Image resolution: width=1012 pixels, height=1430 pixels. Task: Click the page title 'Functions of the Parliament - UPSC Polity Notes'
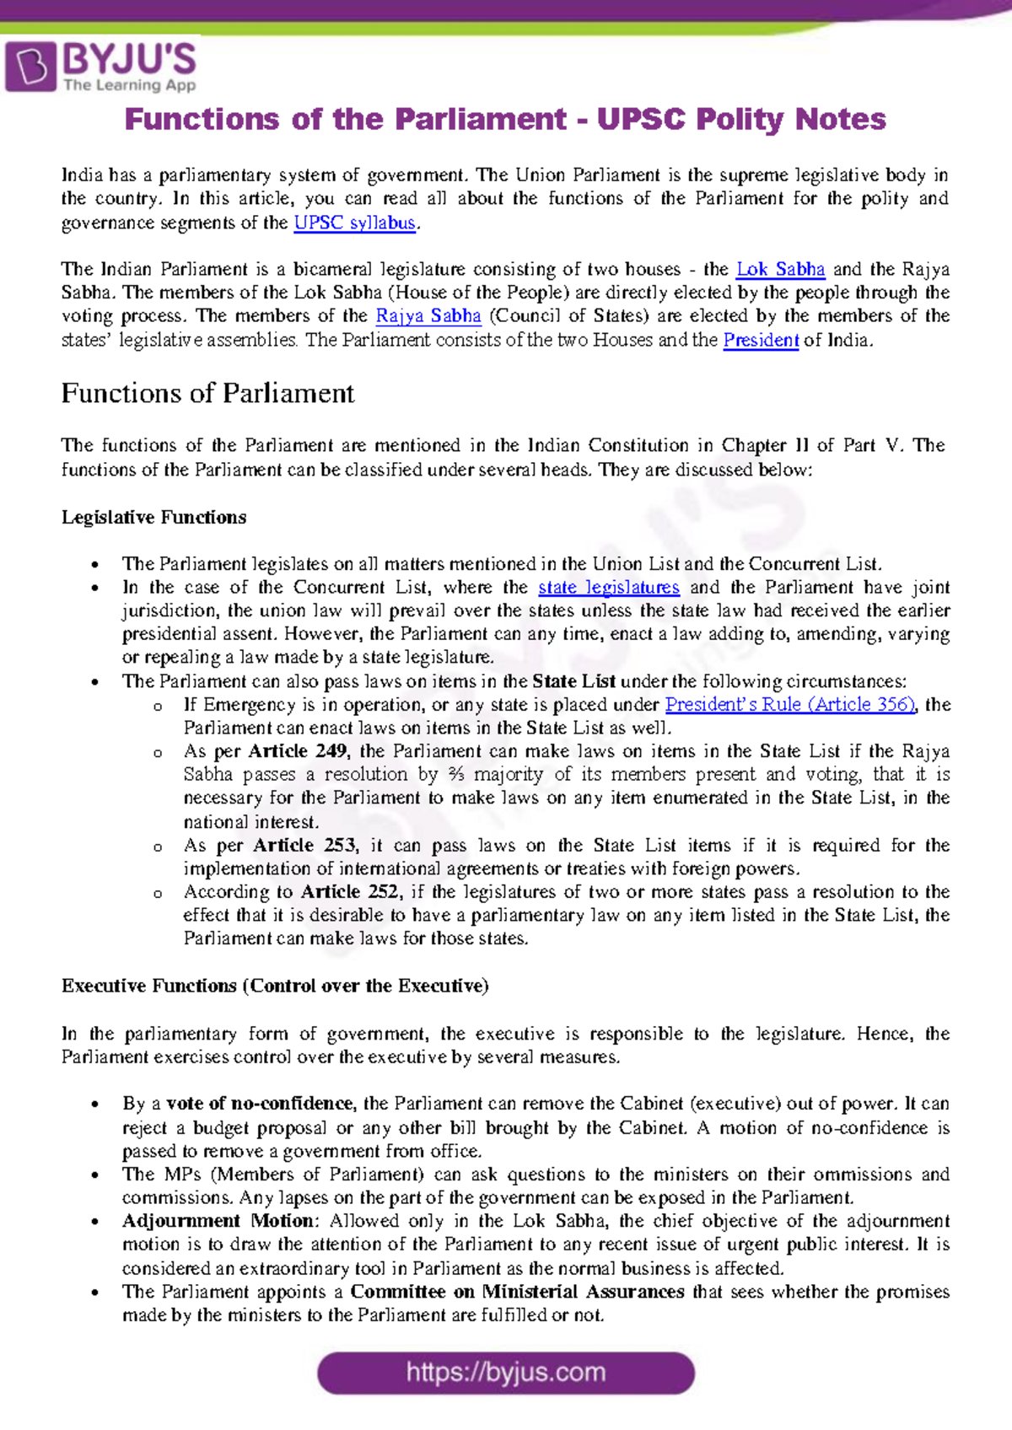point(505,119)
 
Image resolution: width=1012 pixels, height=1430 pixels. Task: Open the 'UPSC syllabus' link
point(355,223)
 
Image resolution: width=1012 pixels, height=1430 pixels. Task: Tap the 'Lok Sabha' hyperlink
point(780,269)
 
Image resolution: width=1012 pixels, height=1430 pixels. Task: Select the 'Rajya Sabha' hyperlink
point(428,316)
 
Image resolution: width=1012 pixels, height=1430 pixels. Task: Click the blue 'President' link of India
point(761,341)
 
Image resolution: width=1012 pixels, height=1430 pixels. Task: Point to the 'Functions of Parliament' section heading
point(207,393)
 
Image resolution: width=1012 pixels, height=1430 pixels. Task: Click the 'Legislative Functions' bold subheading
point(153,517)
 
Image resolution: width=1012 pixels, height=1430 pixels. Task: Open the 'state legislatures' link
point(608,587)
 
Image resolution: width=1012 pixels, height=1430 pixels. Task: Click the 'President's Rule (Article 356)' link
point(790,704)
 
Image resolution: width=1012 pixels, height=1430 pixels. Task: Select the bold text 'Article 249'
point(297,751)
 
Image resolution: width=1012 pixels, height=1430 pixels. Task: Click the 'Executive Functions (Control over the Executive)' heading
point(275,986)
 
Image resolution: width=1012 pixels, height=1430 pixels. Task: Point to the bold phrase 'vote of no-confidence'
point(261,1104)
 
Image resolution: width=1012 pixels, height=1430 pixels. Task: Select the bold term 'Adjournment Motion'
point(219,1221)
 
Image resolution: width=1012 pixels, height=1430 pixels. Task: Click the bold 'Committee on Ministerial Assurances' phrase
point(517,1292)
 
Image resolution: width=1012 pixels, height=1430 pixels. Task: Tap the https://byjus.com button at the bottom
point(506,1373)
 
